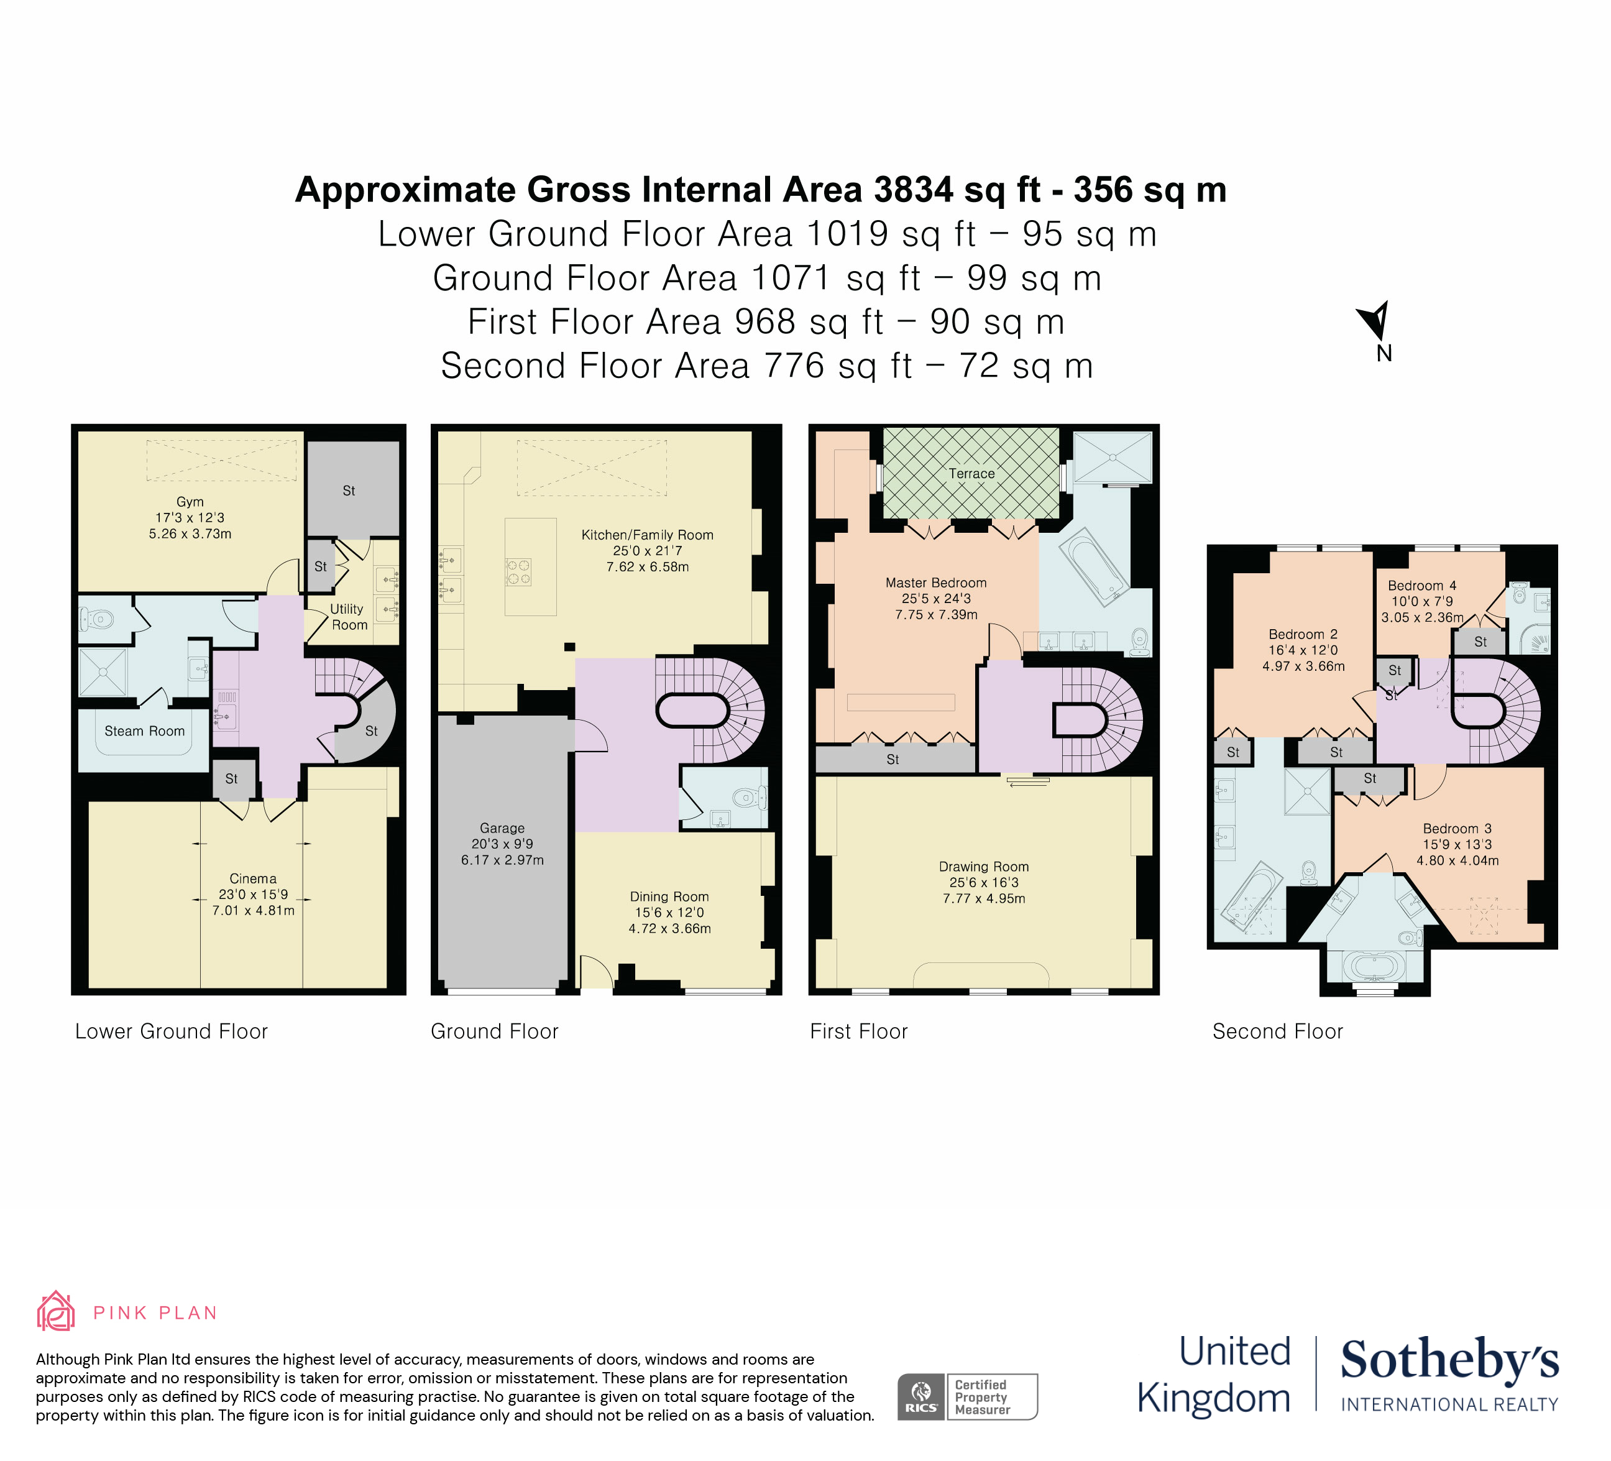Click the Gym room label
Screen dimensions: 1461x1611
(x=190, y=502)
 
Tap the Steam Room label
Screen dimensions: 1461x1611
(x=145, y=731)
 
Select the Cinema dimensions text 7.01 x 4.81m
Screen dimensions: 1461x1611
(x=254, y=910)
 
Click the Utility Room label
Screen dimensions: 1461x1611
(x=349, y=617)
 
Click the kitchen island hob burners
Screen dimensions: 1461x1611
(x=518, y=572)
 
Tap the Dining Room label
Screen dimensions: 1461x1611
(x=669, y=896)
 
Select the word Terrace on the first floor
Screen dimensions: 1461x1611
(x=971, y=474)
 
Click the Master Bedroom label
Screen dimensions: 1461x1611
(x=936, y=583)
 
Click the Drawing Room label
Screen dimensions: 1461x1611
(x=984, y=867)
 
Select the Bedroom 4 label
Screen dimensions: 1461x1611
(x=1421, y=586)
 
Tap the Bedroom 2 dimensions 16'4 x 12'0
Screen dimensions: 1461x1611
(x=1303, y=650)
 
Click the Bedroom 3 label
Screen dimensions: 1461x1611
(x=1457, y=829)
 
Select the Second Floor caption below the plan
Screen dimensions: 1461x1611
(x=1277, y=1032)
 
